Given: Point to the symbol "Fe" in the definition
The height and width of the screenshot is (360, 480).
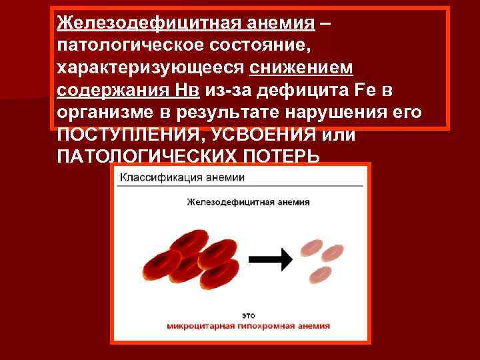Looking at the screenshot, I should point(387,90).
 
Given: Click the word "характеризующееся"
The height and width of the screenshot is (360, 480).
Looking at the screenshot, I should point(151,69).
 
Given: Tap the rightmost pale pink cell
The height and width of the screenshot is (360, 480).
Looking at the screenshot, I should point(332,253).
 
